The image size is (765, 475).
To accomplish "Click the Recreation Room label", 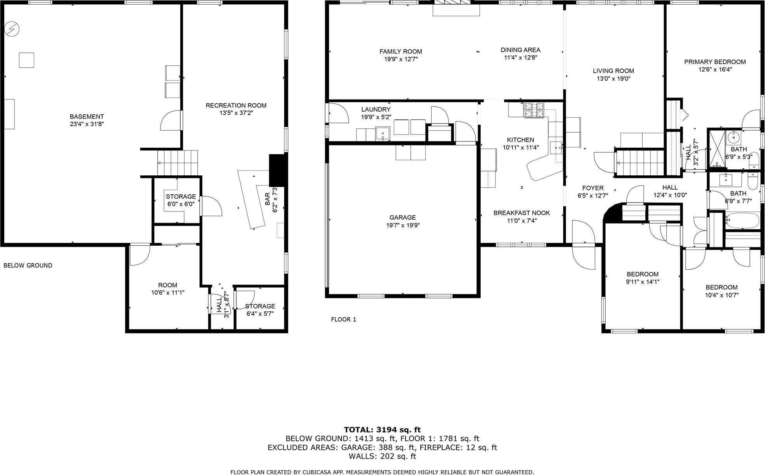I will coord(236,105).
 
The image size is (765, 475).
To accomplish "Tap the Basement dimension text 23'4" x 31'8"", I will coord(87,124).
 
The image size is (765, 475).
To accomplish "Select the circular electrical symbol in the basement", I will coord(12,29).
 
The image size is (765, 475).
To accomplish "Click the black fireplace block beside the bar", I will coord(277,170).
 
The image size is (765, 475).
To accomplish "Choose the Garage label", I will coord(403,218).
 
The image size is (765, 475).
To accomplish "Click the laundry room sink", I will coord(383,133).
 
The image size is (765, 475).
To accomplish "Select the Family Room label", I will coord(401,51).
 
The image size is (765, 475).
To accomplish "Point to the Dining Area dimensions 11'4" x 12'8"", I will coord(520,58).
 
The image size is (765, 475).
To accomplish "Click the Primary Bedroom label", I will coord(714,62).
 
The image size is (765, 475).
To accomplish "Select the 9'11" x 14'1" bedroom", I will coord(642,278).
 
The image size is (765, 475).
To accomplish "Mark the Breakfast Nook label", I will coord(521,213).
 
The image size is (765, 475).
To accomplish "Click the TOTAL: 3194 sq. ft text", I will coord(382,430).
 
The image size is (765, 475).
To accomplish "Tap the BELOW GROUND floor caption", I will coord(28,265).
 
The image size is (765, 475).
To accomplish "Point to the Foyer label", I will coord(592,188).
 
